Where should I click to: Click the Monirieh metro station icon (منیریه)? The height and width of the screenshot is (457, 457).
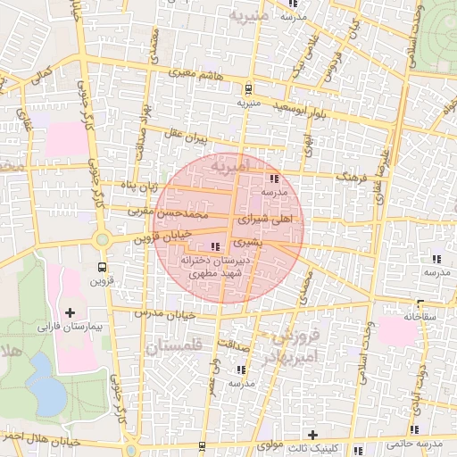click(247, 88)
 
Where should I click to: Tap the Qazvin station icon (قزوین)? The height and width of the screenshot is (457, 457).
click(103, 267)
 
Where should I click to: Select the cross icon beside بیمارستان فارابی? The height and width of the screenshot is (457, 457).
click(71, 313)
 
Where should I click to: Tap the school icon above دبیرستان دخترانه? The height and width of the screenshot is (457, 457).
click(213, 246)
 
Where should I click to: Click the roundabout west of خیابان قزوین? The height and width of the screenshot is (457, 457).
click(103, 238)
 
